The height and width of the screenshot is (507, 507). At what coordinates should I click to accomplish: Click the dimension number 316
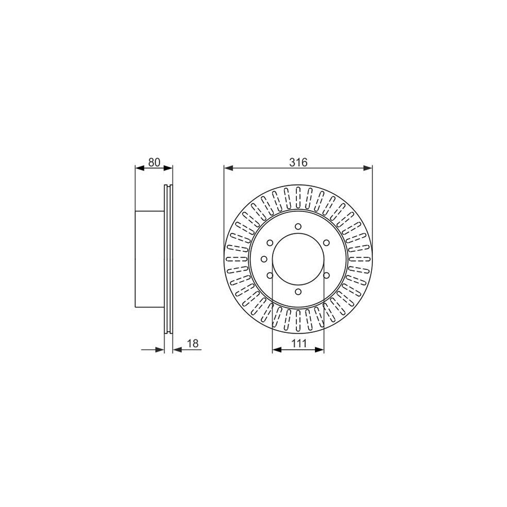pos(298,162)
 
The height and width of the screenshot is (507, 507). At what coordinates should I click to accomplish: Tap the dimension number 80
pos(154,162)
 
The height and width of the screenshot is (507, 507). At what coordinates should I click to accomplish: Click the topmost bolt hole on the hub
pos(298,227)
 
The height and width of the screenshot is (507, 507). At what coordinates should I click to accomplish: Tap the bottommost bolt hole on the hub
pos(298,292)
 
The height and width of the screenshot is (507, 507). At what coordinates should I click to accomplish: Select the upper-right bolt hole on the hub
pos(326,243)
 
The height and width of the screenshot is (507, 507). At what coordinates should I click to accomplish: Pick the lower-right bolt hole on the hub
pos(326,275)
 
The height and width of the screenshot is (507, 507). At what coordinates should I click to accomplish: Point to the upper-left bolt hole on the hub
pos(270,243)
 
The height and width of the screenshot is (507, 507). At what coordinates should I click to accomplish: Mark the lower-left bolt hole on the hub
pos(270,275)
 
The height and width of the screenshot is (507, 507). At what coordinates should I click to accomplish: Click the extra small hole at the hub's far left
pos(264,259)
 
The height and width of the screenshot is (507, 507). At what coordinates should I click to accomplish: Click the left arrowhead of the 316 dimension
pos(228,167)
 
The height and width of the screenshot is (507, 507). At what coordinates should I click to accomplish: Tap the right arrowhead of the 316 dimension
pos(369,167)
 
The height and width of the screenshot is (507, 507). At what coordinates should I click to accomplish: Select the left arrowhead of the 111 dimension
pos(276,350)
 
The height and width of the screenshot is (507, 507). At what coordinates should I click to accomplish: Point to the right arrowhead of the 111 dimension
pos(321,350)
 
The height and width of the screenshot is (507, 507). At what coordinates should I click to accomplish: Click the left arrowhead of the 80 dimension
pos(139,167)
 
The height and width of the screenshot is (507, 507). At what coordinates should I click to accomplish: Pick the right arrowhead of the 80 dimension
pos(169,167)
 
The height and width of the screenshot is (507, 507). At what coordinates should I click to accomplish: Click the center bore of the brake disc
pos(298,259)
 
